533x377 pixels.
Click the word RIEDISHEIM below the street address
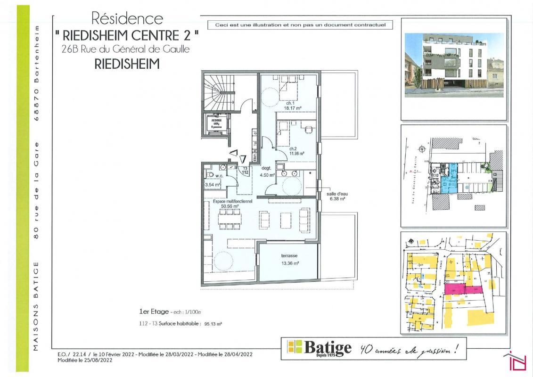127,64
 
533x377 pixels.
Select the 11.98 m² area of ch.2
297,153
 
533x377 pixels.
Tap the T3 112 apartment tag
245,171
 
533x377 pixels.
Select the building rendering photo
453,65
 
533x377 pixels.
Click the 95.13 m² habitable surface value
212,324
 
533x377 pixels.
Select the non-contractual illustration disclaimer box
300,25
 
